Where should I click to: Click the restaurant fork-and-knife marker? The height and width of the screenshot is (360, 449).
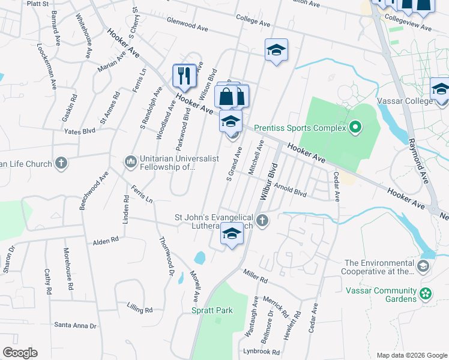click(x=184, y=76)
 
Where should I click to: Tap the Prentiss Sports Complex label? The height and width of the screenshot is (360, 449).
click(x=300, y=128)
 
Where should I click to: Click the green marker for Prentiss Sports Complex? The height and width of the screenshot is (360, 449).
click(x=355, y=127)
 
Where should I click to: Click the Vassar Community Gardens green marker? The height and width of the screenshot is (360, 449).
click(x=426, y=294)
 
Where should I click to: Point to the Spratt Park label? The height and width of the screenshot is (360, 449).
click(x=211, y=310)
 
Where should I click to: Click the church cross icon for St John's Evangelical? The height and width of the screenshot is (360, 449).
click(x=261, y=222)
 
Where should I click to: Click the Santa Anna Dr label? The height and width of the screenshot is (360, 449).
click(x=75, y=326)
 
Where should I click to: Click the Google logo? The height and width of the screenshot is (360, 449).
click(x=20, y=352)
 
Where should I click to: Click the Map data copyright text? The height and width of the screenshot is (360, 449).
click(x=411, y=355)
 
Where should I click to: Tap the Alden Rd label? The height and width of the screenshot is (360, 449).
click(x=106, y=240)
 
